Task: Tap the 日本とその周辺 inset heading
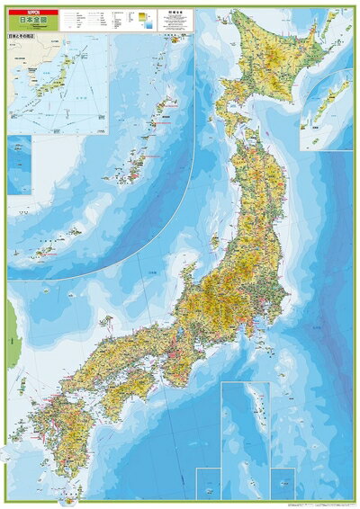23,39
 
